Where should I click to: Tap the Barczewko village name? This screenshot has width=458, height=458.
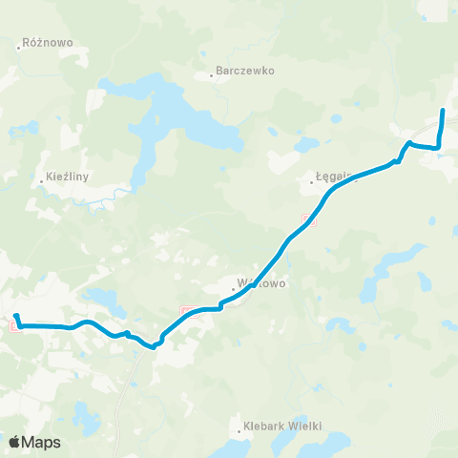click(x=245, y=71)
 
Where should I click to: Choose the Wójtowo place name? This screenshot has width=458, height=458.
click(x=260, y=282)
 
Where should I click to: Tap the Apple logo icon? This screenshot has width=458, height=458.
click(x=15, y=442)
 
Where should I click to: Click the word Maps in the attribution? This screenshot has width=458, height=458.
click(x=42, y=442)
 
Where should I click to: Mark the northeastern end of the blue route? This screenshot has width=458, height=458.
click(x=443, y=112)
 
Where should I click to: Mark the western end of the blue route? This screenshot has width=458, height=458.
click(x=16, y=315)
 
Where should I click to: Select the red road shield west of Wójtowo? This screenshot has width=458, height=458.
click(x=187, y=310)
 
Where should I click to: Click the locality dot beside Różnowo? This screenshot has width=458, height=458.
click(x=21, y=44)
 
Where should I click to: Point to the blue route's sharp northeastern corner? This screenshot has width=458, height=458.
click(x=439, y=147)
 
